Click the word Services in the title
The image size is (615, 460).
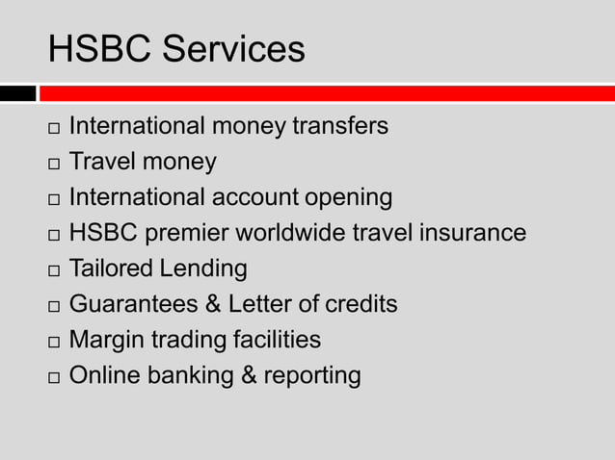234,49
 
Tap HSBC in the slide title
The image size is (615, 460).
101,49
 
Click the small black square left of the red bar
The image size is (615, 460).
17,93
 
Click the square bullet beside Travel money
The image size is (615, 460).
52,164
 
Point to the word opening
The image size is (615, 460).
349,198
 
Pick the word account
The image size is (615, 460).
254,198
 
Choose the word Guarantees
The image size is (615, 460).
134,304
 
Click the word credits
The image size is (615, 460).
361,304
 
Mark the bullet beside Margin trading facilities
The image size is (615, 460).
52,342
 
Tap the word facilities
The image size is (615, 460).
277,340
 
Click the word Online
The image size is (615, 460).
104,375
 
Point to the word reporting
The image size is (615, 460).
311,376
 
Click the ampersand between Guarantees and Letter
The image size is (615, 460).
213,304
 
